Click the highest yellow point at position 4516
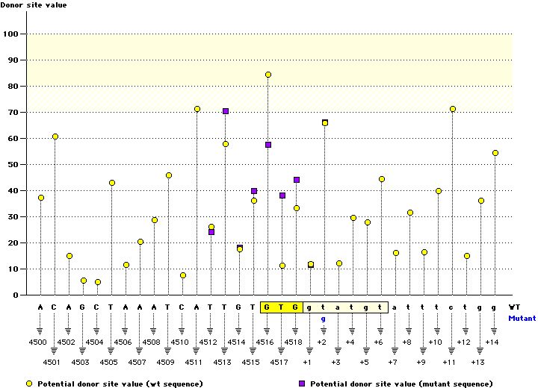[x=268, y=75]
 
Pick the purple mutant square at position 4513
[x=226, y=111]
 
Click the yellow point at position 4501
[x=55, y=137]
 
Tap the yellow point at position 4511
[x=197, y=110]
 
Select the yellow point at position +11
[x=453, y=109]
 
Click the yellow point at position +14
[x=495, y=153]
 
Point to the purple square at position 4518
[x=297, y=180]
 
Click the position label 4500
[x=38, y=342]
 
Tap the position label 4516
[x=265, y=342]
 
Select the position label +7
[x=393, y=362]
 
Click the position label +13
[x=478, y=362]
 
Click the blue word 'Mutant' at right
[x=522, y=318]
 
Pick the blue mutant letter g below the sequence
[x=324, y=319]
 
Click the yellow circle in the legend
[x=29, y=383]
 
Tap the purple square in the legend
[x=302, y=383]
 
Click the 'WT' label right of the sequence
[x=514, y=307]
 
